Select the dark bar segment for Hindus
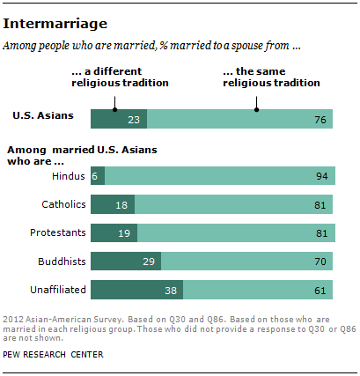click(97, 176)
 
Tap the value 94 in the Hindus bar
click(321, 176)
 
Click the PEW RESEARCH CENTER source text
click(58, 356)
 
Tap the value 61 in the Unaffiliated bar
click(321, 289)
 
